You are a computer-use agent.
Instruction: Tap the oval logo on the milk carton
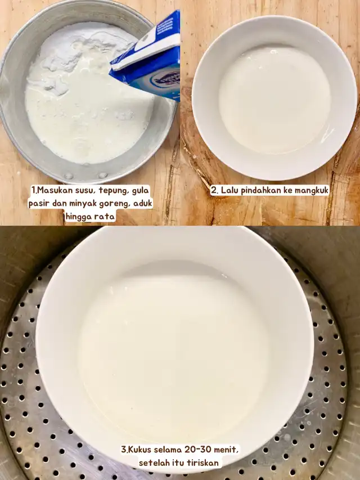click(165, 80)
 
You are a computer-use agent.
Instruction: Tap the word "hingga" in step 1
click(79, 217)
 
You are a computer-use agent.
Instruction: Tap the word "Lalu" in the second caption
click(229, 190)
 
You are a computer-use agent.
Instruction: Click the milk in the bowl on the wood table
click(274, 100)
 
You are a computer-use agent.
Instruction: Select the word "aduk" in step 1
click(143, 204)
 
